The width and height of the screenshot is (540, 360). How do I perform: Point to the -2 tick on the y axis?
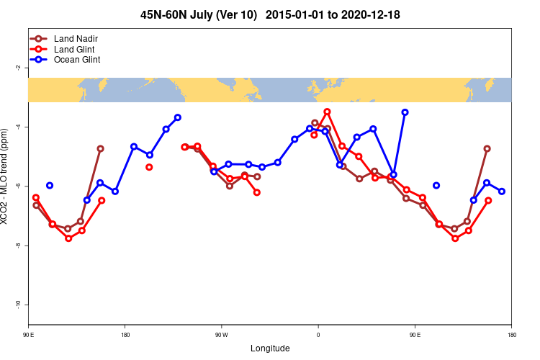click(17, 68)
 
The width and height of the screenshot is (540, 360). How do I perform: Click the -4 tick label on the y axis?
click(17, 127)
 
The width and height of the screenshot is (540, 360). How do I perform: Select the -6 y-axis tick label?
click(17, 186)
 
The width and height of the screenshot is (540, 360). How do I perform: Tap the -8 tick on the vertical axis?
click(17, 246)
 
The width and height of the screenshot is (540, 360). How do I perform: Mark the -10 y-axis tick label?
click(17, 305)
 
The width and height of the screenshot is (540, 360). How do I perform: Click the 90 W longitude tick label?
click(221, 336)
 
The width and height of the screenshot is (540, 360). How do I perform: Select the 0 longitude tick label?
click(318, 336)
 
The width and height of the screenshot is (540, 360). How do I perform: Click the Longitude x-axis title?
click(270, 348)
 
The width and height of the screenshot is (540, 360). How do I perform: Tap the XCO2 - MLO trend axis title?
click(6, 176)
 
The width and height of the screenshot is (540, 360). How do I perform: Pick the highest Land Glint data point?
click(327, 112)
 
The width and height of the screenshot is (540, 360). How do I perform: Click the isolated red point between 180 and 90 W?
click(149, 167)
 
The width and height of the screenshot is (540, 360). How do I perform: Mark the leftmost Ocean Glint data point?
click(50, 186)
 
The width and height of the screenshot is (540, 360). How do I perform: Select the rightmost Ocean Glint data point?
click(502, 191)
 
